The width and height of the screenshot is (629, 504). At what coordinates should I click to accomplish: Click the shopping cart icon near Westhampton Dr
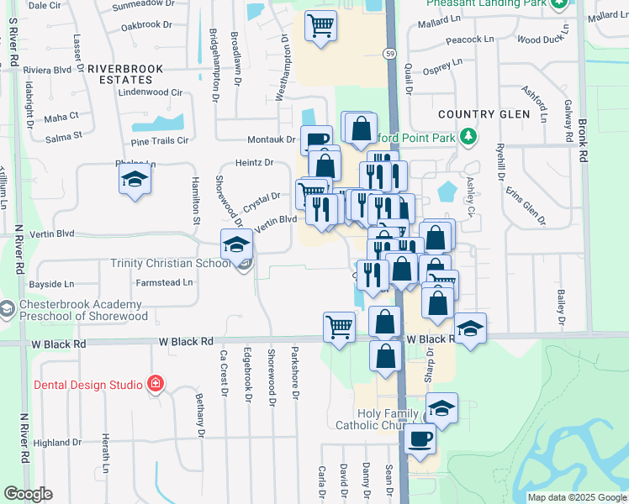pyautogui.click(x=320, y=25)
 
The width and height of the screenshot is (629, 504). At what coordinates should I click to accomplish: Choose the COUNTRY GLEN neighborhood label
pyautogui.click(x=484, y=114)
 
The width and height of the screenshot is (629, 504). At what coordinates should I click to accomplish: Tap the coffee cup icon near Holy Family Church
pyautogui.click(x=420, y=438)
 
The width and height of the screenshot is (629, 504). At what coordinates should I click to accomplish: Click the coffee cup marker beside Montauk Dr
pyautogui.click(x=317, y=140)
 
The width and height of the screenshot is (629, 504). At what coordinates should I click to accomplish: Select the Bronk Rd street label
pyautogui.click(x=584, y=134)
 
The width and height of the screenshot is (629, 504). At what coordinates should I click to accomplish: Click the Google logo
pyautogui.click(x=28, y=494)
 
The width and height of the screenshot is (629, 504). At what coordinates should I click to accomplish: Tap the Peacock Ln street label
pyautogui.click(x=470, y=39)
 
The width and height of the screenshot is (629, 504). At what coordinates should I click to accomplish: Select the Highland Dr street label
pyautogui.click(x=57, y=443)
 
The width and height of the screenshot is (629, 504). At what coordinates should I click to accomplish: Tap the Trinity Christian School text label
pyautogui.click(x=171, y=264)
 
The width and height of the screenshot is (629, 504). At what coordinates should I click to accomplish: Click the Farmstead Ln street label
pyautogui.click(x=165, y=283)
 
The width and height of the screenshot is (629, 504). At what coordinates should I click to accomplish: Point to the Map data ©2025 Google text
pyautogui.click(x=577, y=497)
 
